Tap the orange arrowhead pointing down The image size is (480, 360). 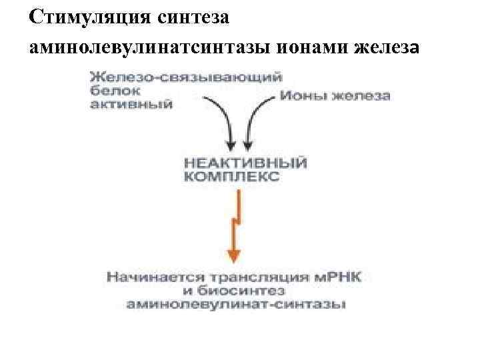233,254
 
